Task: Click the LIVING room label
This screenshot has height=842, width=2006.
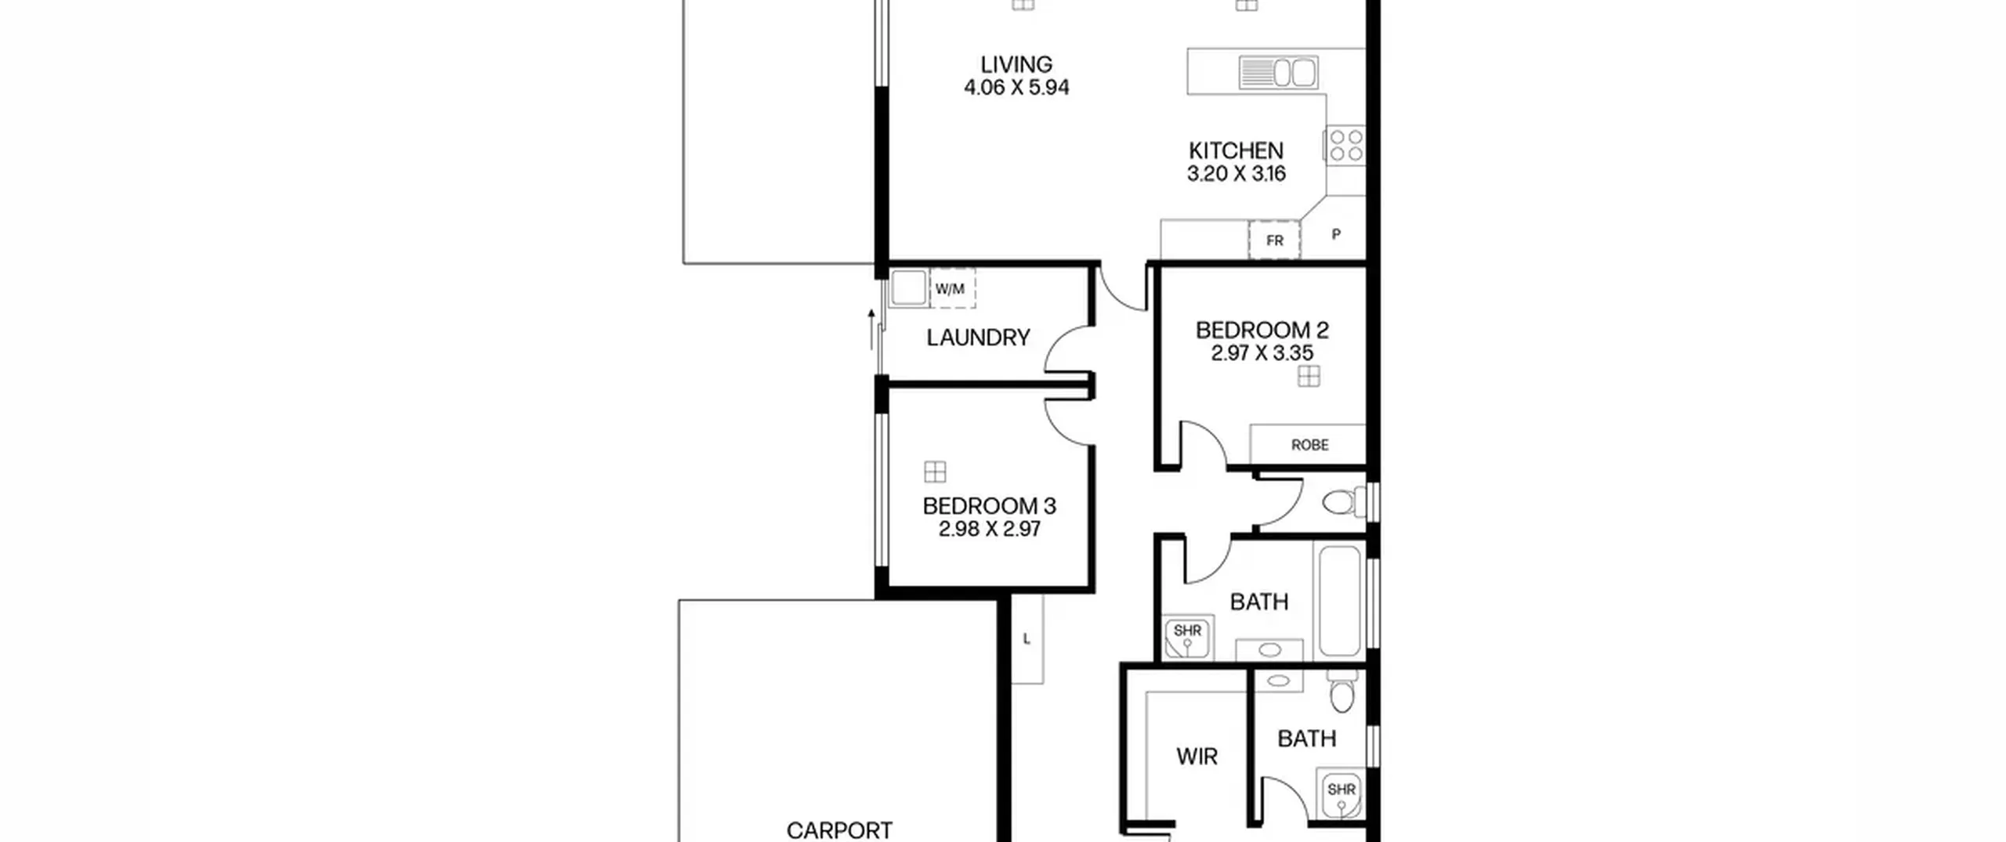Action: click(x=1016, y=64)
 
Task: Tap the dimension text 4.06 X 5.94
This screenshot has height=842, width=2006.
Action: click(x=1016, y=87)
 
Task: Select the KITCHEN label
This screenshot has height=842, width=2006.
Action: click(x=1236, y=150)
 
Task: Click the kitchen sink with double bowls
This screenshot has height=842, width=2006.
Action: click(x=1278, y=73)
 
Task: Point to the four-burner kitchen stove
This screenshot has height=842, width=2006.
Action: click(x=1346, y=146)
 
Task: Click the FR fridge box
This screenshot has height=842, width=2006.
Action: click(x=1274, y=240)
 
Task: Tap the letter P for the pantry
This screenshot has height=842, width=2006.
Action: click(x=1336, y=233)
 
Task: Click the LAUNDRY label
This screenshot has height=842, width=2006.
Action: click(x=978, y=338)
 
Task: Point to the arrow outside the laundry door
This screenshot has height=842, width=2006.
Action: click(x=871, y=329)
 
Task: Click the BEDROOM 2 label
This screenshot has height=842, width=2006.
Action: click(x=1262, y=330)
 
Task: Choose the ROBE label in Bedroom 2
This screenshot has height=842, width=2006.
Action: click(x=1309, y=445)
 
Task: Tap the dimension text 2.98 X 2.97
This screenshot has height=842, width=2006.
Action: click(x=990, y=529)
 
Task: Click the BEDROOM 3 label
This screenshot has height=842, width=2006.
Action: click(x=990, y=506)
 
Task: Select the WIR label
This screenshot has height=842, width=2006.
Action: click(x=1197, y=757)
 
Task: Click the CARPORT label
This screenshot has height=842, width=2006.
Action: click(x=839, y=830)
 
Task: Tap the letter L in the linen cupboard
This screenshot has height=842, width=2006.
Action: click(x=1027, y=639)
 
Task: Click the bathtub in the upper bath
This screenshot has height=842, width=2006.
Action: click(x=1340, y=601)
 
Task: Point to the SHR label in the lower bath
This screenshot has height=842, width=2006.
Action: click(x=1342, y=790)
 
